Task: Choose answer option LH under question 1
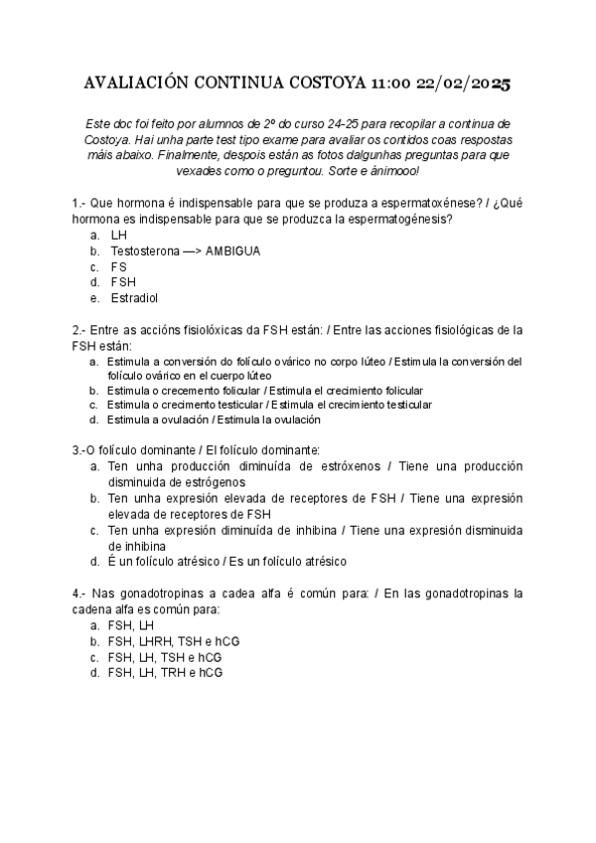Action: [x=119, y=236]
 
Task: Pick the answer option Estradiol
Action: [x=135, y=297]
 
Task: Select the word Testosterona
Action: [x=145, y=252]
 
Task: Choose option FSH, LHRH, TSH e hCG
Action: [x=174, y=641]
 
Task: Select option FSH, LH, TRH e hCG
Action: [x=165, y=673]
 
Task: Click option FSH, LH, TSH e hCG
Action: [x=165, y=657]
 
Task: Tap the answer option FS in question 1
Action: [x=119, y=266]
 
